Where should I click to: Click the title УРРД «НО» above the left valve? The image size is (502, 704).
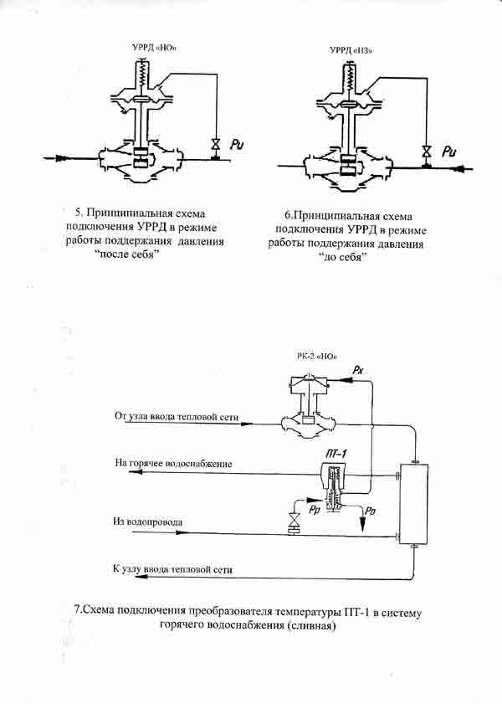tap(153, 47)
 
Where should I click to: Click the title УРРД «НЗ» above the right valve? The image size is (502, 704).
tap(351, 50)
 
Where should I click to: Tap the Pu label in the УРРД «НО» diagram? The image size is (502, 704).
tap(237, 145)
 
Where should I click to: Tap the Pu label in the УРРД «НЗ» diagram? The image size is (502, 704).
tap(449, 152)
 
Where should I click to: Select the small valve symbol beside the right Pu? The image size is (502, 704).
tap(427, 152)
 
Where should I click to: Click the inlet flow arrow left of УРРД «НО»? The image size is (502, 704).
tap(63, 157)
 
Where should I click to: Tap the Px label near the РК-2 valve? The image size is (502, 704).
tap(357, 371)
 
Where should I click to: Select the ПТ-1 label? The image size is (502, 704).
tap(336, 454)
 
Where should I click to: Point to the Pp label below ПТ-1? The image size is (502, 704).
tap(315, 510)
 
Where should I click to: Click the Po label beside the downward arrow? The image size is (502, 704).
tap(370, 511)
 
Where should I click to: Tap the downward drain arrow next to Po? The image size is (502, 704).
tap(362, 520)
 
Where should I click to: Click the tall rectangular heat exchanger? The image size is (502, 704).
tap(413, 504)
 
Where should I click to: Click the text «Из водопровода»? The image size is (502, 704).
tap(147, 522)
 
